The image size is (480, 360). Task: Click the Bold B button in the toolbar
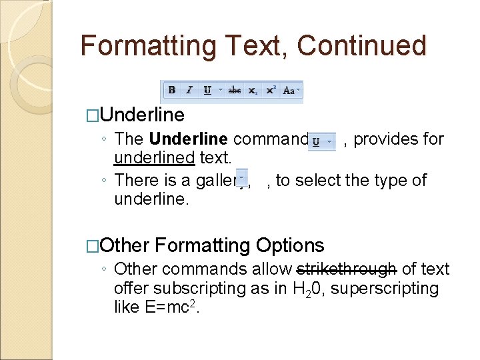click(172, 90)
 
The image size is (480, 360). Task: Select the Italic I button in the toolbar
click(189, 90)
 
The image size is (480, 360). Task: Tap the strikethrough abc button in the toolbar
click(235, 90)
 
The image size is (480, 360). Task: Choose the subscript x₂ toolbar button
click(253, 90)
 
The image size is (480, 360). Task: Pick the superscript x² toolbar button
click(271, 90)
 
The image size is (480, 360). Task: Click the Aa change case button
click(290, 90)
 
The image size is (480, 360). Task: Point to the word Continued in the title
click(361, 45)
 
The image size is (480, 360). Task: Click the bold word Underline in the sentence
click(189, 139)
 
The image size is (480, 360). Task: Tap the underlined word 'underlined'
click(154, 158)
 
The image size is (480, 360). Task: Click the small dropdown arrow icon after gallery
click(241, 179)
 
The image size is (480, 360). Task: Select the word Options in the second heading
click(290, 245)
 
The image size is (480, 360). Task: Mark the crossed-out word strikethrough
click(347, 269)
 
